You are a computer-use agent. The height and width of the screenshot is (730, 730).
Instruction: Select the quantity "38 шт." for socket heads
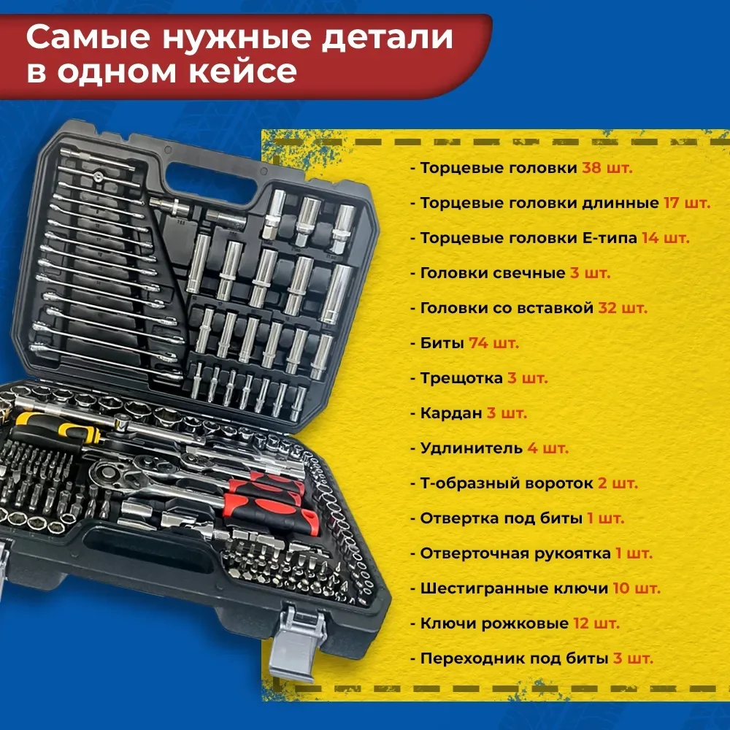pos(607,168)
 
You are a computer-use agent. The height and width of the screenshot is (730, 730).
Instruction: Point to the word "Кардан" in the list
pos(451,413)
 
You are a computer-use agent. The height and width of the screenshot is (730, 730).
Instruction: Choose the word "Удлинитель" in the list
pos(471,448)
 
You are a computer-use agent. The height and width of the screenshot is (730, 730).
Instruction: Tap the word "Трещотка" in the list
pos(461,378)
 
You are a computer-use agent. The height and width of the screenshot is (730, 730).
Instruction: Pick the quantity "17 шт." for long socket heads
pos(686,203)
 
